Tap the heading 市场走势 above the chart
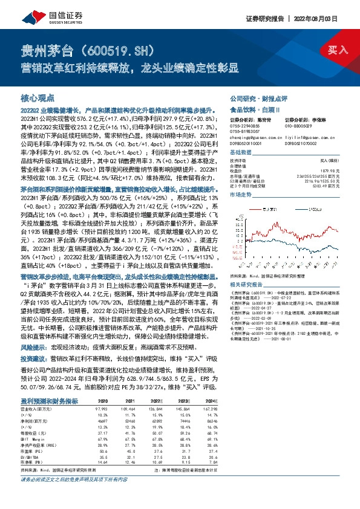coord(240,195)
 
